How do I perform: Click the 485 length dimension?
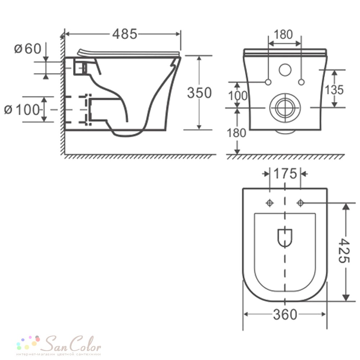(x=125, y=34)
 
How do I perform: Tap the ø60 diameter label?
(x=28, y=49)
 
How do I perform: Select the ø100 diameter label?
(x=22, y=110)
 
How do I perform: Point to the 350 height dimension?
(x=199, y=93)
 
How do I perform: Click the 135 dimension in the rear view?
(x=334, y=90)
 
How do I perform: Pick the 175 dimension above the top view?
(x=285, y=174)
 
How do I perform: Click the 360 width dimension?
(x=285, y=314)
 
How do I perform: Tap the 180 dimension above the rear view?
(x=283, y=35)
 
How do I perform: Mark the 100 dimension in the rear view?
(x=238, y=96)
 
